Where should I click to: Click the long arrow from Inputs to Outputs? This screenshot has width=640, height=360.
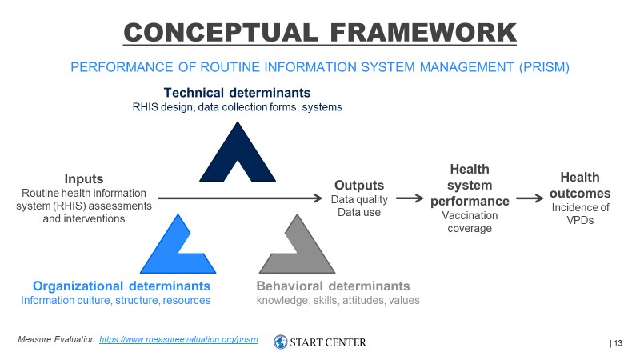[x=240, y=198]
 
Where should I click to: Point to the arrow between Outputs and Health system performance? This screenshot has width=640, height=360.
[x=410, y=198]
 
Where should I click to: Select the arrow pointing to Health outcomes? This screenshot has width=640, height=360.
[x=530, y=198]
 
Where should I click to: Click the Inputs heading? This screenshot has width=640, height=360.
[x=84, y=178]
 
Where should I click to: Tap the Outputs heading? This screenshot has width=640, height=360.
[x=359, y=185]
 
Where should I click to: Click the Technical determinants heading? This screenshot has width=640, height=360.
[x=237, y=93]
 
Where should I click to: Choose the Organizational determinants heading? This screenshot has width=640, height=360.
[x=122, y=286]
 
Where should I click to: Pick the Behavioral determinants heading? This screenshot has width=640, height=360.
[x=333, y=286]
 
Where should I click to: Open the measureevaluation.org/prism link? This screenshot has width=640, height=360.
[x=178, y=339]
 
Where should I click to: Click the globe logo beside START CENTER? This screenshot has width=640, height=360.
[x=281, y=342]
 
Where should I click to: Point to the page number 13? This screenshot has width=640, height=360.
[x=618, y=343]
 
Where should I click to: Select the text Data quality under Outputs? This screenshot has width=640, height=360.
[x=359, y=199]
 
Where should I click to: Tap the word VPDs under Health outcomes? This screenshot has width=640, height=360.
[x=580, y=221]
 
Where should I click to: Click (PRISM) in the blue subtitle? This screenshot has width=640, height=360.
[x=544, y=67]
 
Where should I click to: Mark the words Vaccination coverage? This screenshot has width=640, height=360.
[x=470, y=222]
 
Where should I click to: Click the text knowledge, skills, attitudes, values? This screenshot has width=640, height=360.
[x=338, y=301]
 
